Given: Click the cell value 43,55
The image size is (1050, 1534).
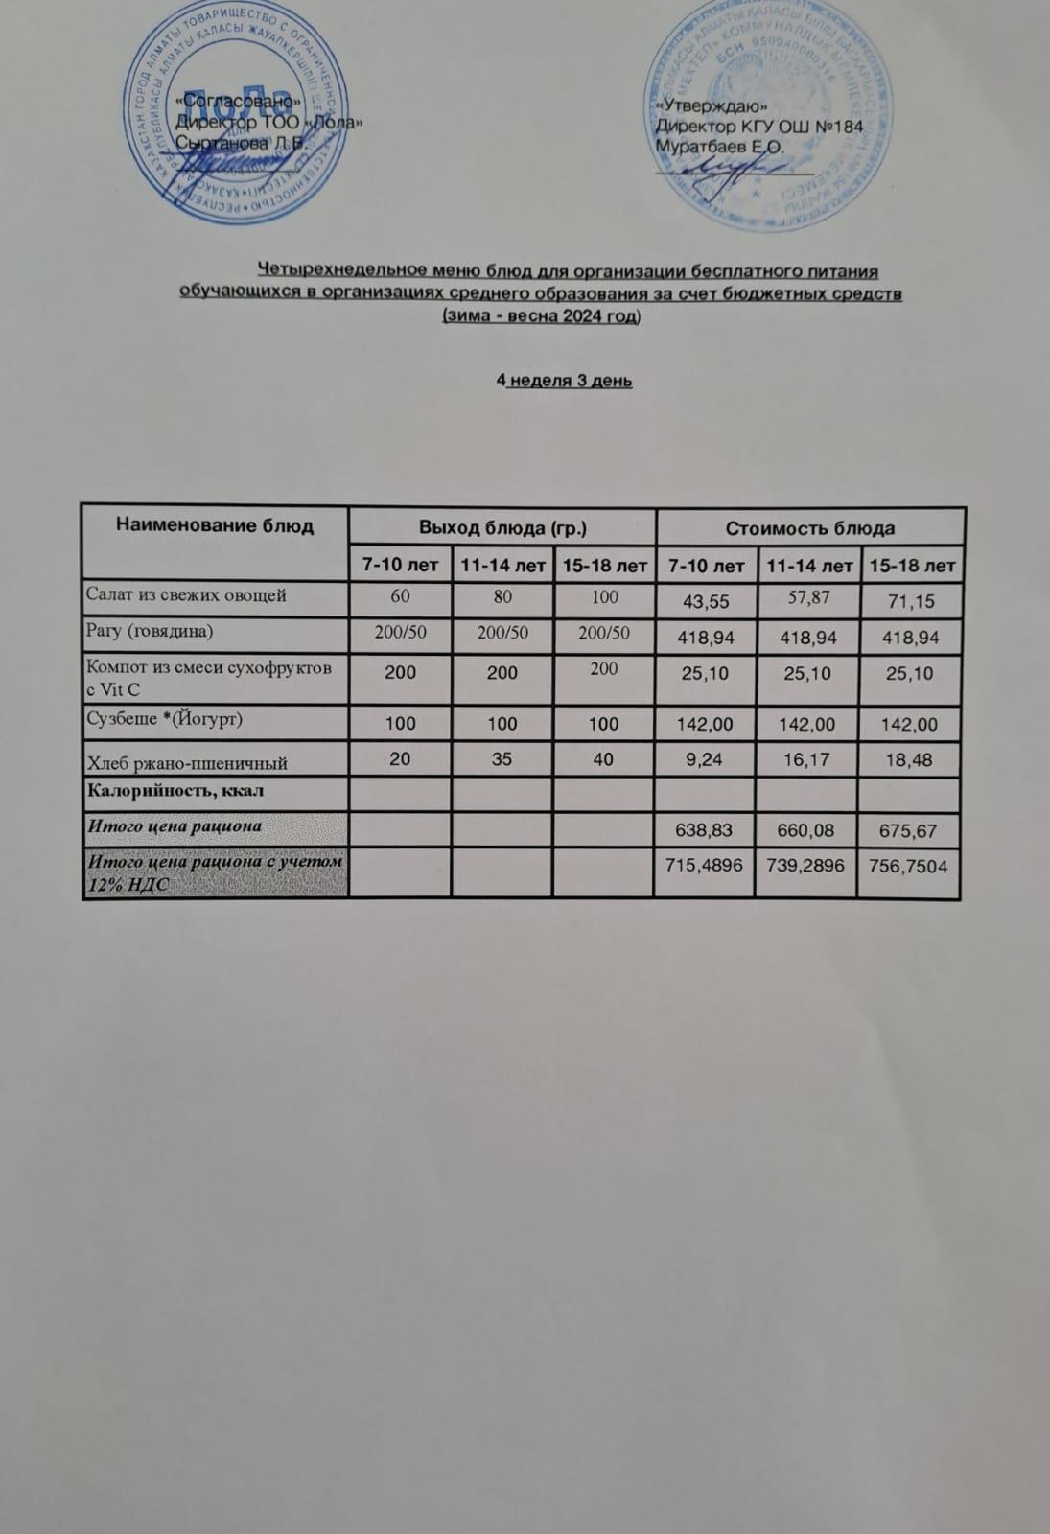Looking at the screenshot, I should pos(705,601).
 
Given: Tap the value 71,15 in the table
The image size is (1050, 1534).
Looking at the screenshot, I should pos(911,602).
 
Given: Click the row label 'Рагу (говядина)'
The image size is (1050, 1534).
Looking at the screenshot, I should pos(150,631).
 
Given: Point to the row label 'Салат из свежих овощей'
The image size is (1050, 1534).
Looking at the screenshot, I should pos(186,595).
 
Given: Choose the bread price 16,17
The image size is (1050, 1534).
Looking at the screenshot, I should pos(808,759).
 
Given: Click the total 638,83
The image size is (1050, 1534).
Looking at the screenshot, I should pos(705,830).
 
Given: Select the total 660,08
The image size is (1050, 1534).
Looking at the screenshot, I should pos(808,830).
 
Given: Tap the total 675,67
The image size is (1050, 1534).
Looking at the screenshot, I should pos(911,830).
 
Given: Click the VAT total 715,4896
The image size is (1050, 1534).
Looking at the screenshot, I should pos(705,867).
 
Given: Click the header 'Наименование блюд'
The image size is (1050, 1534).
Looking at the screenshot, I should pos(215,525).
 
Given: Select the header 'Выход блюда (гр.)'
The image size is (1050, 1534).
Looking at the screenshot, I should pos(502,527).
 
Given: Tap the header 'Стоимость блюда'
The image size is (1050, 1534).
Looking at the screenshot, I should pos(810,528).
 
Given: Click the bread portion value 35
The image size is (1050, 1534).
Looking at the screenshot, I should pos(502,759).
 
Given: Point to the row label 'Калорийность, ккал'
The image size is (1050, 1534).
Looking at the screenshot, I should pos(175,792).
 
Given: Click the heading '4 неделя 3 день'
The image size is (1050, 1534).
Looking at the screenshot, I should pos(564,381).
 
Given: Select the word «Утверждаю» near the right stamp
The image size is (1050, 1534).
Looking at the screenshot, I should pos(709,106).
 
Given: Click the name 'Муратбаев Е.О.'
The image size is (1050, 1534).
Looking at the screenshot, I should pos(719,147).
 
